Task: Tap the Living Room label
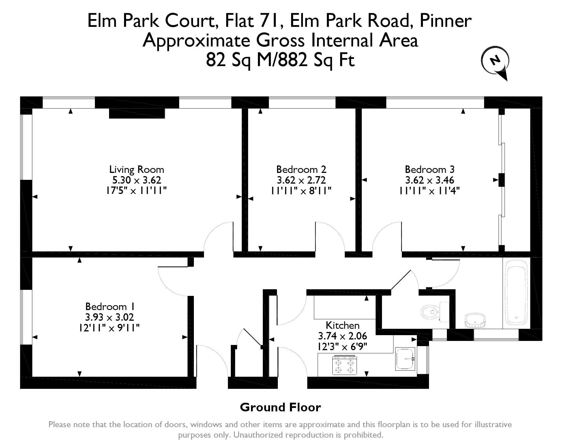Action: tap(136, 169)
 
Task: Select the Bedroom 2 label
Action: tap(301, 169)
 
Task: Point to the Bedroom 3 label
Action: tap(430, 169)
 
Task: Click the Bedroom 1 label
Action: tap(110, 306)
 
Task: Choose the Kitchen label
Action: tap(342, 325)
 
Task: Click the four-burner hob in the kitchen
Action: tap(344, 365)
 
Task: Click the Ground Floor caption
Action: tap(280, 407)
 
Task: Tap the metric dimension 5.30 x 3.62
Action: tap(136, 180)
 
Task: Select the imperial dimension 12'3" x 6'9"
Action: tap(342, 346)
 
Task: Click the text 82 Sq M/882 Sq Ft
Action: tap(280, 61)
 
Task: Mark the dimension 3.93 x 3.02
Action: tap(110, 317)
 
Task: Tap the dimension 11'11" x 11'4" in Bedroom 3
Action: tap(430, 191)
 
